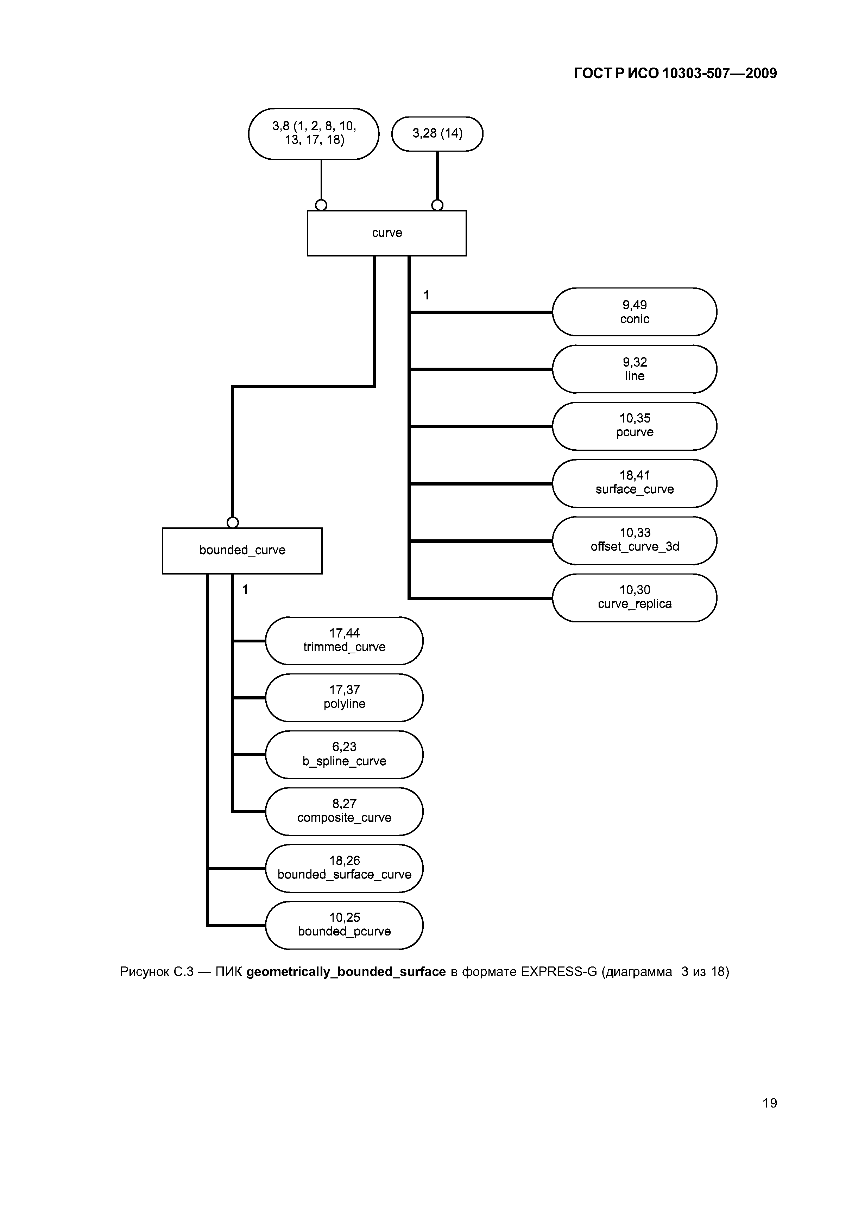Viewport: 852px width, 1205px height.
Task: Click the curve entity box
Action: tap(386, 233)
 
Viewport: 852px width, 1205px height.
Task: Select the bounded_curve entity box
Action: tap(242, 551)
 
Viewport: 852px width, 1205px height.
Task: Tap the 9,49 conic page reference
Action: tap(634, 312)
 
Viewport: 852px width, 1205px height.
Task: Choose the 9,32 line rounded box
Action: tap(634, 369)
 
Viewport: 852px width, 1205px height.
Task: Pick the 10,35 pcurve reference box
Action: tap(634, 426)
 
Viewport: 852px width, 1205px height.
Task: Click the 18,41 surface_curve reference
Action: tap(634, 483)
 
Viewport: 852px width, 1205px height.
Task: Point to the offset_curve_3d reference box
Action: tap(634, 540)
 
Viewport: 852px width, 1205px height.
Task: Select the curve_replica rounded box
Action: tap(634, 597)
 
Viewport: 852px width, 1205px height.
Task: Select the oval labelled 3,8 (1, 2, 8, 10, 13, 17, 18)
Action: tap(314, 133)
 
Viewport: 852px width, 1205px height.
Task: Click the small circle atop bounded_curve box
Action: tap(233, 522)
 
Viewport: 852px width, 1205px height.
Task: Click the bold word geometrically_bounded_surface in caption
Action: tap(346, 972)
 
